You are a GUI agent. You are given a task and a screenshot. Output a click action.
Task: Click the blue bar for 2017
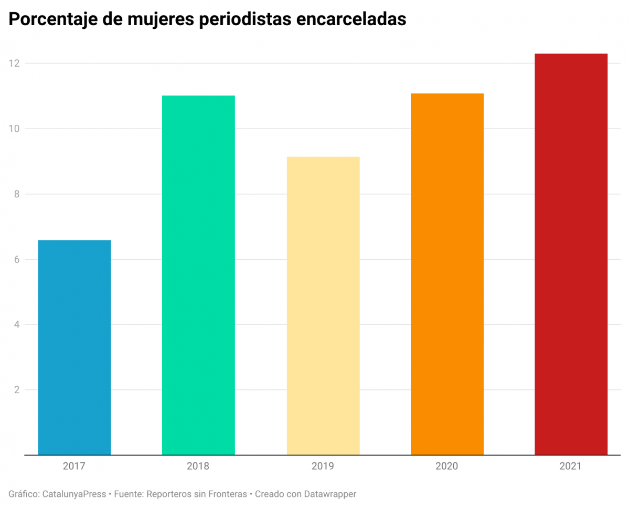click(x=74, y=347)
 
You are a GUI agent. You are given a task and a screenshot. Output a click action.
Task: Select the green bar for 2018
click(x=198, y=275)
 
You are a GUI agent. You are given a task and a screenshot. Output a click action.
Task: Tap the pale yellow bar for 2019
click(x=323, y=305)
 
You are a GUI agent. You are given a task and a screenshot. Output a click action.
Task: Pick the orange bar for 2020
click(x=447, y=274)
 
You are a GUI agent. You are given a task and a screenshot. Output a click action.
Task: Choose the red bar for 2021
click(x=571, y=254)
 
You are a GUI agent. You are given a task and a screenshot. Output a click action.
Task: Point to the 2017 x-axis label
click(x=74, y=466)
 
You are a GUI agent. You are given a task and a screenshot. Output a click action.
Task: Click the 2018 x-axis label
click(x=198, y=466)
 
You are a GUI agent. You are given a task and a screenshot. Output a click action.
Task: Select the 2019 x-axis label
click(x=323, y=466)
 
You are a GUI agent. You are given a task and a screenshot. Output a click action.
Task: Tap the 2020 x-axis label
click(x=447, y=466)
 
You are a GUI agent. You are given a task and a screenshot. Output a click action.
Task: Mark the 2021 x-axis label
click(x=571, y=466)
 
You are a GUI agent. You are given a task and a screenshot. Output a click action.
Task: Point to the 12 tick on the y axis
click(x=14, y=63)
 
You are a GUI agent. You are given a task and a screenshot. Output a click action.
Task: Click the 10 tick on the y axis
click(x=14, y=129)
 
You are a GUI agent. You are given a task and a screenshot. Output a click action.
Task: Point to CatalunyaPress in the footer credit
click(x=74, y=494)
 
